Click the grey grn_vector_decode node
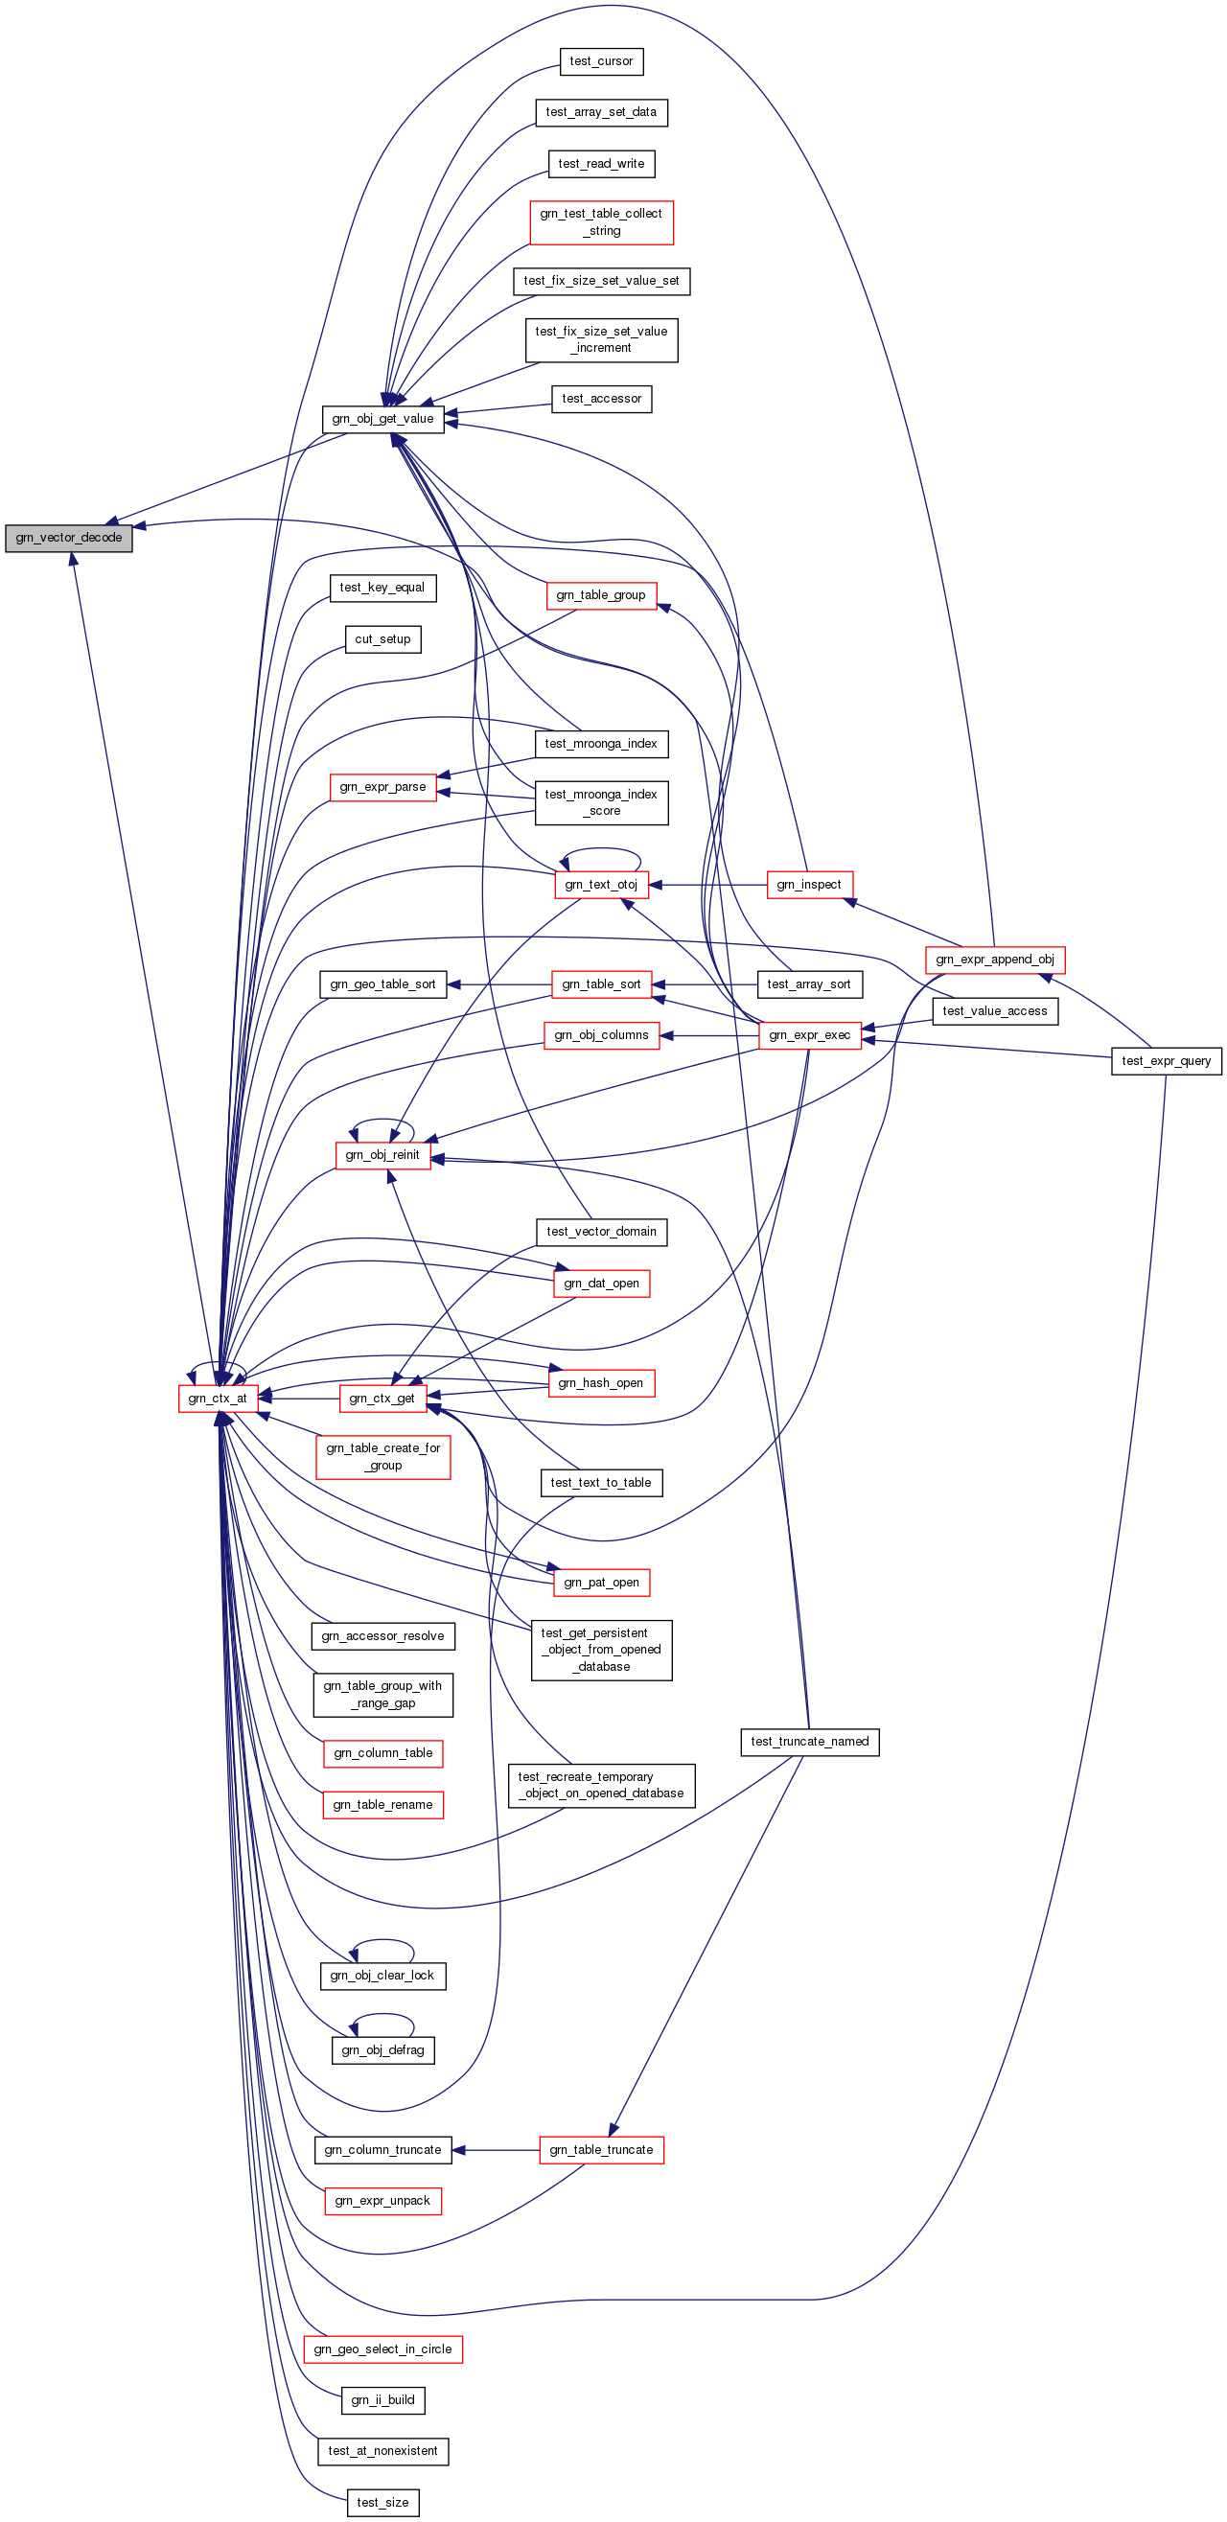(x=69, y=538)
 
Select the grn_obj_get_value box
(x=382, y=419)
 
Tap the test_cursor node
(x=601, y=61)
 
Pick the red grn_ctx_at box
(x=219, y=1398)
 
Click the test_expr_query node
(x=1167, y=1060)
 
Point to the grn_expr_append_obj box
(x=995, y=960)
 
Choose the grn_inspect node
(x=809, y=885)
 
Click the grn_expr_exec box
(x=810, y=1035)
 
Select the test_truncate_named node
(x=810, y=1742)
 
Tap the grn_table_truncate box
(x=601, y=2150)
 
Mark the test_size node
(x=382, y=2503)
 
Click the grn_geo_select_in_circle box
(x=382, y=2348)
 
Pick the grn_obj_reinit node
(x=382, y=1155)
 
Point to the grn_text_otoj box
(x=601, y=885)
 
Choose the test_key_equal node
(x=382, y=588)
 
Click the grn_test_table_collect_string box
(x=601, y=222)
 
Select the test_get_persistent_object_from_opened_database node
(x=601, y=1650)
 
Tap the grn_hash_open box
(x=601, y=1383)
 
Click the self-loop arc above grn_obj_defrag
(x=382, y=2015)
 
